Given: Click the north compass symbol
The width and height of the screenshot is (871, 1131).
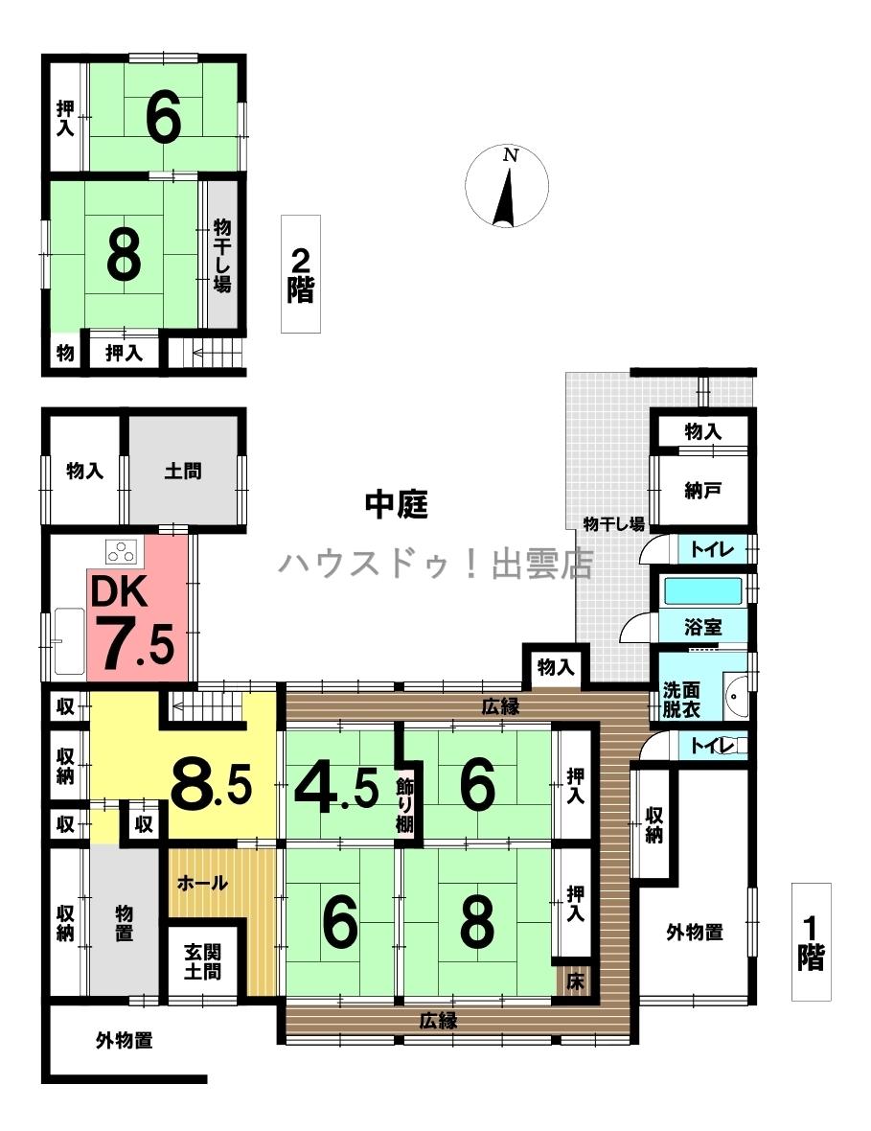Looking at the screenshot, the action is tap(506, 187).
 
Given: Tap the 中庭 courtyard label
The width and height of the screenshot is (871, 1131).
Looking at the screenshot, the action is tap(397, 505).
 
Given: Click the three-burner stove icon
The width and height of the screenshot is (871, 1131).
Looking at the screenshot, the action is tap(121, 552).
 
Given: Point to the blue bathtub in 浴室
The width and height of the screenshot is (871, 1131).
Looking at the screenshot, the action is tap(702, 591).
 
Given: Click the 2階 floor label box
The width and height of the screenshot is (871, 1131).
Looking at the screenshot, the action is tap(301, 274).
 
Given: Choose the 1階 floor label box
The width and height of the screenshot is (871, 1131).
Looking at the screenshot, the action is tap(812, 941).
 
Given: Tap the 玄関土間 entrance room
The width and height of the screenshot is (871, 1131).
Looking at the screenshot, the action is tap(202, 963).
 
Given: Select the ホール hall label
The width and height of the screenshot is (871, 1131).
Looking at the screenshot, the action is tap(202, 883).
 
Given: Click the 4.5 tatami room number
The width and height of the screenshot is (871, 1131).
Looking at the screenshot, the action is tap(336, 786).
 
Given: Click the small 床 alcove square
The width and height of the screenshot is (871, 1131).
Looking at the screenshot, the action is tap(575, 981).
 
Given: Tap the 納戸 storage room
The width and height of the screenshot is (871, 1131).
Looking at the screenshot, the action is tap(702, 492).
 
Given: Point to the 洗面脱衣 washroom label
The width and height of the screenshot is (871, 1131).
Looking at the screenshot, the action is tap(681, 700).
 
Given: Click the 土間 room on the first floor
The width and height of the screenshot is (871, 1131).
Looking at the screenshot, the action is tap(183, 471).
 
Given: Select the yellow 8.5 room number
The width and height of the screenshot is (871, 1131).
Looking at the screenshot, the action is tap(211, 786).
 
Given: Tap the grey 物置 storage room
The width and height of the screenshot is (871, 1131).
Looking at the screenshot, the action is tap(124, 923).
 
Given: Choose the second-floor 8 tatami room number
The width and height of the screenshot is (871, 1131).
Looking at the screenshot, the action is tap(124, 257).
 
